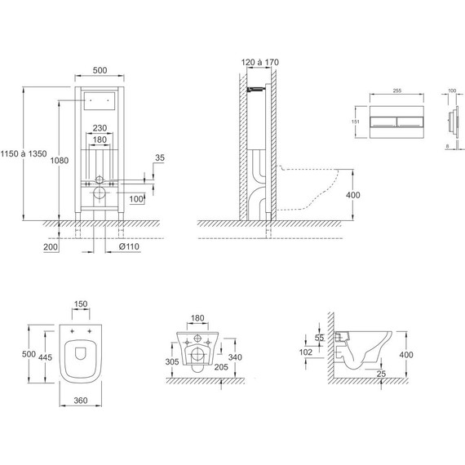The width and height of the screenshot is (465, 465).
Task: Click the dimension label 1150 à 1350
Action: pyautogui.click(x=24, y=153)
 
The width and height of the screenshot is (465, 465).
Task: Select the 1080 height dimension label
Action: pyautogui.click(x=60, y=161)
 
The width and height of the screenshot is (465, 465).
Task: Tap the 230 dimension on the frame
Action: pyautogui.click(x=100, y=128)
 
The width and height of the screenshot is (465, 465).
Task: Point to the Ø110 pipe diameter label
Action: pyautogui.click(x=129, y=246)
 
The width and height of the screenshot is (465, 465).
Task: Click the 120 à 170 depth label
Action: pyautogui.click(x=259, y=62)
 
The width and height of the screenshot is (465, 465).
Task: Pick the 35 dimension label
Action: pyautogui.click(x=160, y=157)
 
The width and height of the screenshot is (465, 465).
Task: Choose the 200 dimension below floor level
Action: pyautogui.click(x=51, y=246)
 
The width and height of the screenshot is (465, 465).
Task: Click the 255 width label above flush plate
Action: pyautogui.click(x=396, y=91)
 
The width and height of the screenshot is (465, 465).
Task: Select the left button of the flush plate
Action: pyautogui.click(x=383, y=122)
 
